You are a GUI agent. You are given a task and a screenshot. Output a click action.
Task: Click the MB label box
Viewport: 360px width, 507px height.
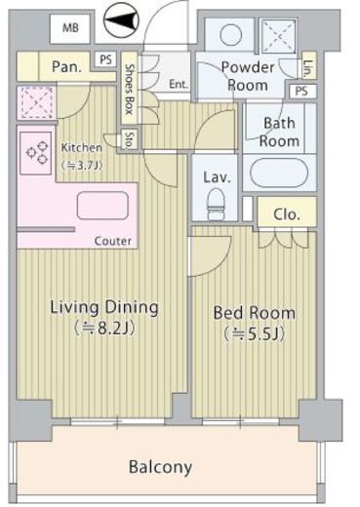(x=70, y=28)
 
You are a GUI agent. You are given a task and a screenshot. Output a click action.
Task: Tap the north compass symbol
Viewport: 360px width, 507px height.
(x=121, y=20)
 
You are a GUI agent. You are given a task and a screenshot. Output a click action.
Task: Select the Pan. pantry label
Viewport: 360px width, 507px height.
(x=66, y=67)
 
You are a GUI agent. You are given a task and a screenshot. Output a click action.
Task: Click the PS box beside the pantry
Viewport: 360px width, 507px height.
(x=105, y=59)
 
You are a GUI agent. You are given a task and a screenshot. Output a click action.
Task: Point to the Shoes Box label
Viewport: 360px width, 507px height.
(x=130, y=89)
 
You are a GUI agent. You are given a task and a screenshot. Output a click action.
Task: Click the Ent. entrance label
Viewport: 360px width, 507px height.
(x=179, y=85)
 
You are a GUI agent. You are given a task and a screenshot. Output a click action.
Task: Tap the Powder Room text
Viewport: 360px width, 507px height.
(x=248, y=76)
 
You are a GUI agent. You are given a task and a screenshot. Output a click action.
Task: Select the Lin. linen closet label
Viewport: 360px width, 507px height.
(x=308, y=69)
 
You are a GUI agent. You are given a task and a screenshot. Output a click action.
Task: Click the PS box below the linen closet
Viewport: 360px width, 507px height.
(x=301, y=91)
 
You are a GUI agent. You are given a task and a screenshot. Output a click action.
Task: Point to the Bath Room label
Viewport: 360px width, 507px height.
(x=279, y=132)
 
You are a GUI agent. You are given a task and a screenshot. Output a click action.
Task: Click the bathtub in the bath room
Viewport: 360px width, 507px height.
(x=280, y=173)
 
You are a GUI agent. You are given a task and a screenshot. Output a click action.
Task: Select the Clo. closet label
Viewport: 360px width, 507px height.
(x=287, y=214)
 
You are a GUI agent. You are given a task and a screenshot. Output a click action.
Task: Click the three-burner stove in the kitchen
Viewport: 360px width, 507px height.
(x=36, y=153)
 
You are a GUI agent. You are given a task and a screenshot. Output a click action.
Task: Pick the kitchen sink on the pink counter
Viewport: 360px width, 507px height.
(x=102, y=206)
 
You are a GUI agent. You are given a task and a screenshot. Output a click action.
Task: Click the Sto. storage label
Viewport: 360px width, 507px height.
(x=130, y=139)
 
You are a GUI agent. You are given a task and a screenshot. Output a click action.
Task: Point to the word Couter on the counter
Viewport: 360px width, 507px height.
(x=113, y=241)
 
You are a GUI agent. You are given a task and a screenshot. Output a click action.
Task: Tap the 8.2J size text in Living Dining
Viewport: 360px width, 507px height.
(x=104, y=329)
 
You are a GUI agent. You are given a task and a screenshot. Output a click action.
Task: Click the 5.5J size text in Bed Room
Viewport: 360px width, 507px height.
(x=254, y=333)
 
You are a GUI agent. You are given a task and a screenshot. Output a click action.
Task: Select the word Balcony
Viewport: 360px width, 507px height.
(x=160, y=467)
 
